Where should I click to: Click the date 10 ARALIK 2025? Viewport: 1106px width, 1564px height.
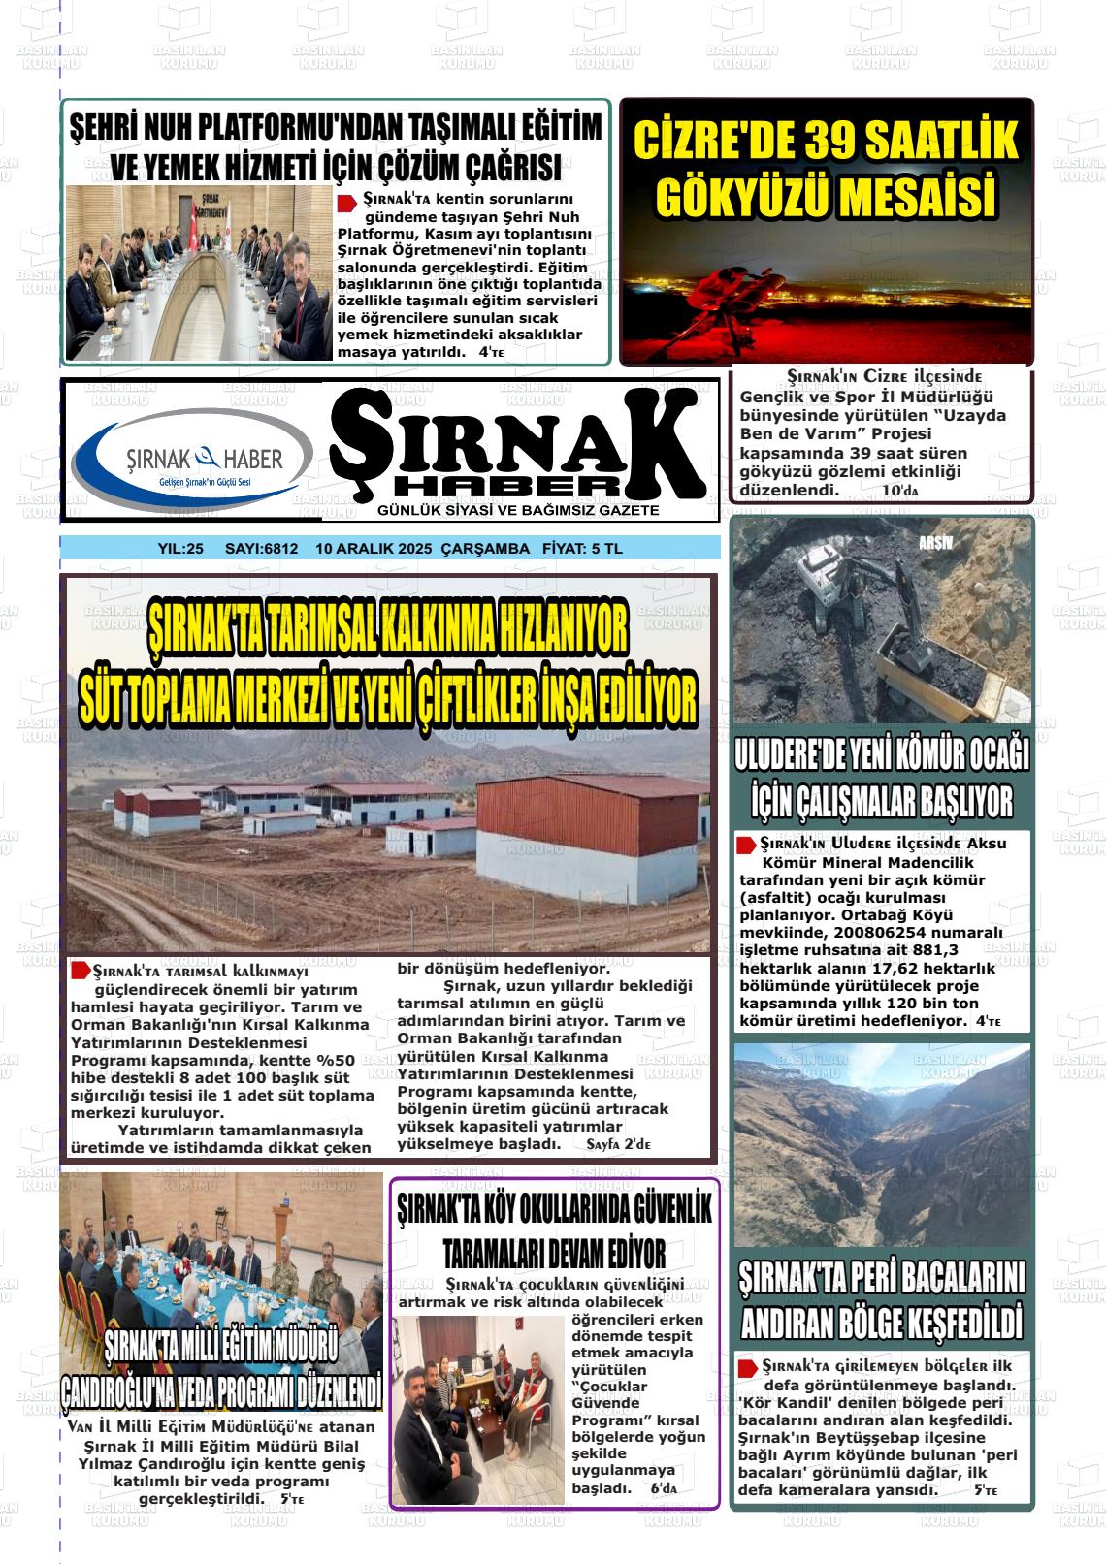point(374,549)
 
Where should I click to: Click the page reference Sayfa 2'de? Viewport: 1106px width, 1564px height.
point(618,1145)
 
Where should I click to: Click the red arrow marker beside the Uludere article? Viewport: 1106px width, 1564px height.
point(747,845)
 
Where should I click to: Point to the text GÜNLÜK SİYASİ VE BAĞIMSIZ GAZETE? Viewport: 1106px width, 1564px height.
point(518,510)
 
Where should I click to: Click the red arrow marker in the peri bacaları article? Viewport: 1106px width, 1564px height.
point(748,1367)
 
